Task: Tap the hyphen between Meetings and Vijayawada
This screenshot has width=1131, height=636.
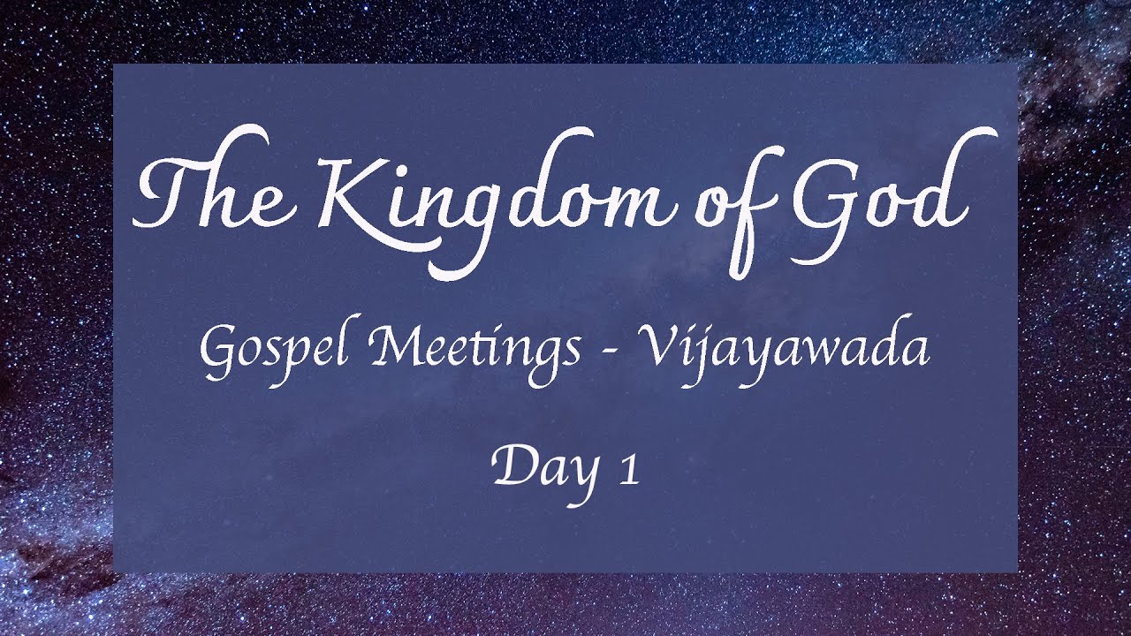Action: pos(606,352)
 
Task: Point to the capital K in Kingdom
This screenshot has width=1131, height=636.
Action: pos(358,194)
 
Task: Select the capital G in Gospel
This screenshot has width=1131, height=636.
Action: pos(217,349)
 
